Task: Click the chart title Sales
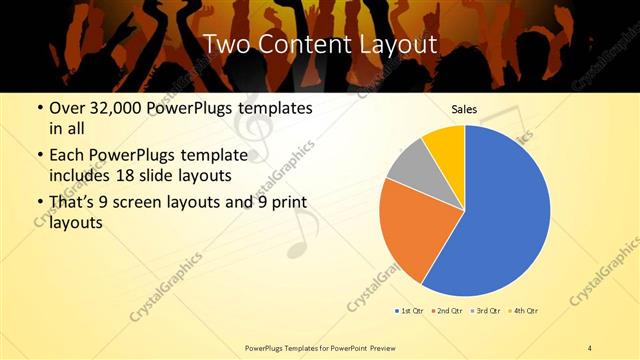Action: [x=464, y=109]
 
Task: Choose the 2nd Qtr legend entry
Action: [x=446, y=310]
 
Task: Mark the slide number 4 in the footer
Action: [x=590, y=348]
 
